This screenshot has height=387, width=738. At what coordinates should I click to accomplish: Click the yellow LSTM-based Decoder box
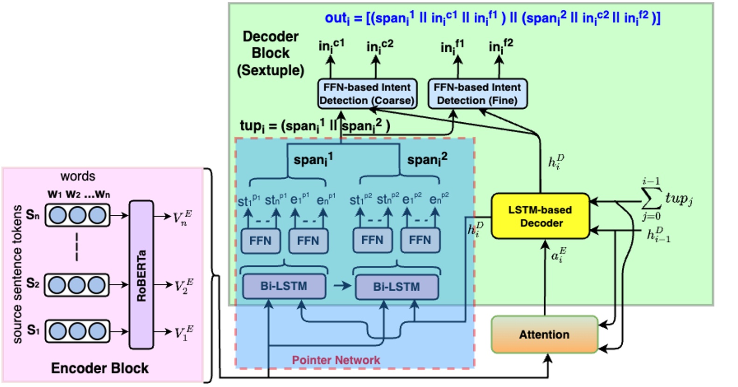[x=541, y=216]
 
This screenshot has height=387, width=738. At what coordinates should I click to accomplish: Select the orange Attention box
[x=544, y=334]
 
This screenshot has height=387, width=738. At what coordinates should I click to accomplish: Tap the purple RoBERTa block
[x=141, y=274]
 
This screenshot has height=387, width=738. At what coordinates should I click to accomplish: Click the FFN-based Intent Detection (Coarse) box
[x=367, y=94]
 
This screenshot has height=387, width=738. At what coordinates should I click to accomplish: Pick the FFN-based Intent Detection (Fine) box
[x=477, y=94]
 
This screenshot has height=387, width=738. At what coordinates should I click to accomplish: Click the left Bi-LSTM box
[x=284, y=286]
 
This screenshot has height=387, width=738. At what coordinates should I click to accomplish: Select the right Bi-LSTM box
[x=396, y=287]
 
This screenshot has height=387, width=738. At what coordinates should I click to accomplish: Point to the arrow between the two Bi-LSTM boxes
[x=342, y=286]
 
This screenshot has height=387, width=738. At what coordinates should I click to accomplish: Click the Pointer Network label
[x=336, y=360]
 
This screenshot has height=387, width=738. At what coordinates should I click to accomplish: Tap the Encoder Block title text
[x=99, y=368]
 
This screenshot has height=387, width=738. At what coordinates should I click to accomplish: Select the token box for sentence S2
[x=77, y=285]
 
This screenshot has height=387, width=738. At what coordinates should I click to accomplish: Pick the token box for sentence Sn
[x=77, y=215]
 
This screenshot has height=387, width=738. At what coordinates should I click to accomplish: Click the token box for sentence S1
[x=77, y=331]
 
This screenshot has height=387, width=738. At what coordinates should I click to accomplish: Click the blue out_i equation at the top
[x=492, y=18]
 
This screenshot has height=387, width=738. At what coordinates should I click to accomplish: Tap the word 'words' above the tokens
[x=77, y=176]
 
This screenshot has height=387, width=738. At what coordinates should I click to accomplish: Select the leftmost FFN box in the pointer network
[x=260, y=240]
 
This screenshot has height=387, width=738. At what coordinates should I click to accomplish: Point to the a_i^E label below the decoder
[x=557, y=256]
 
